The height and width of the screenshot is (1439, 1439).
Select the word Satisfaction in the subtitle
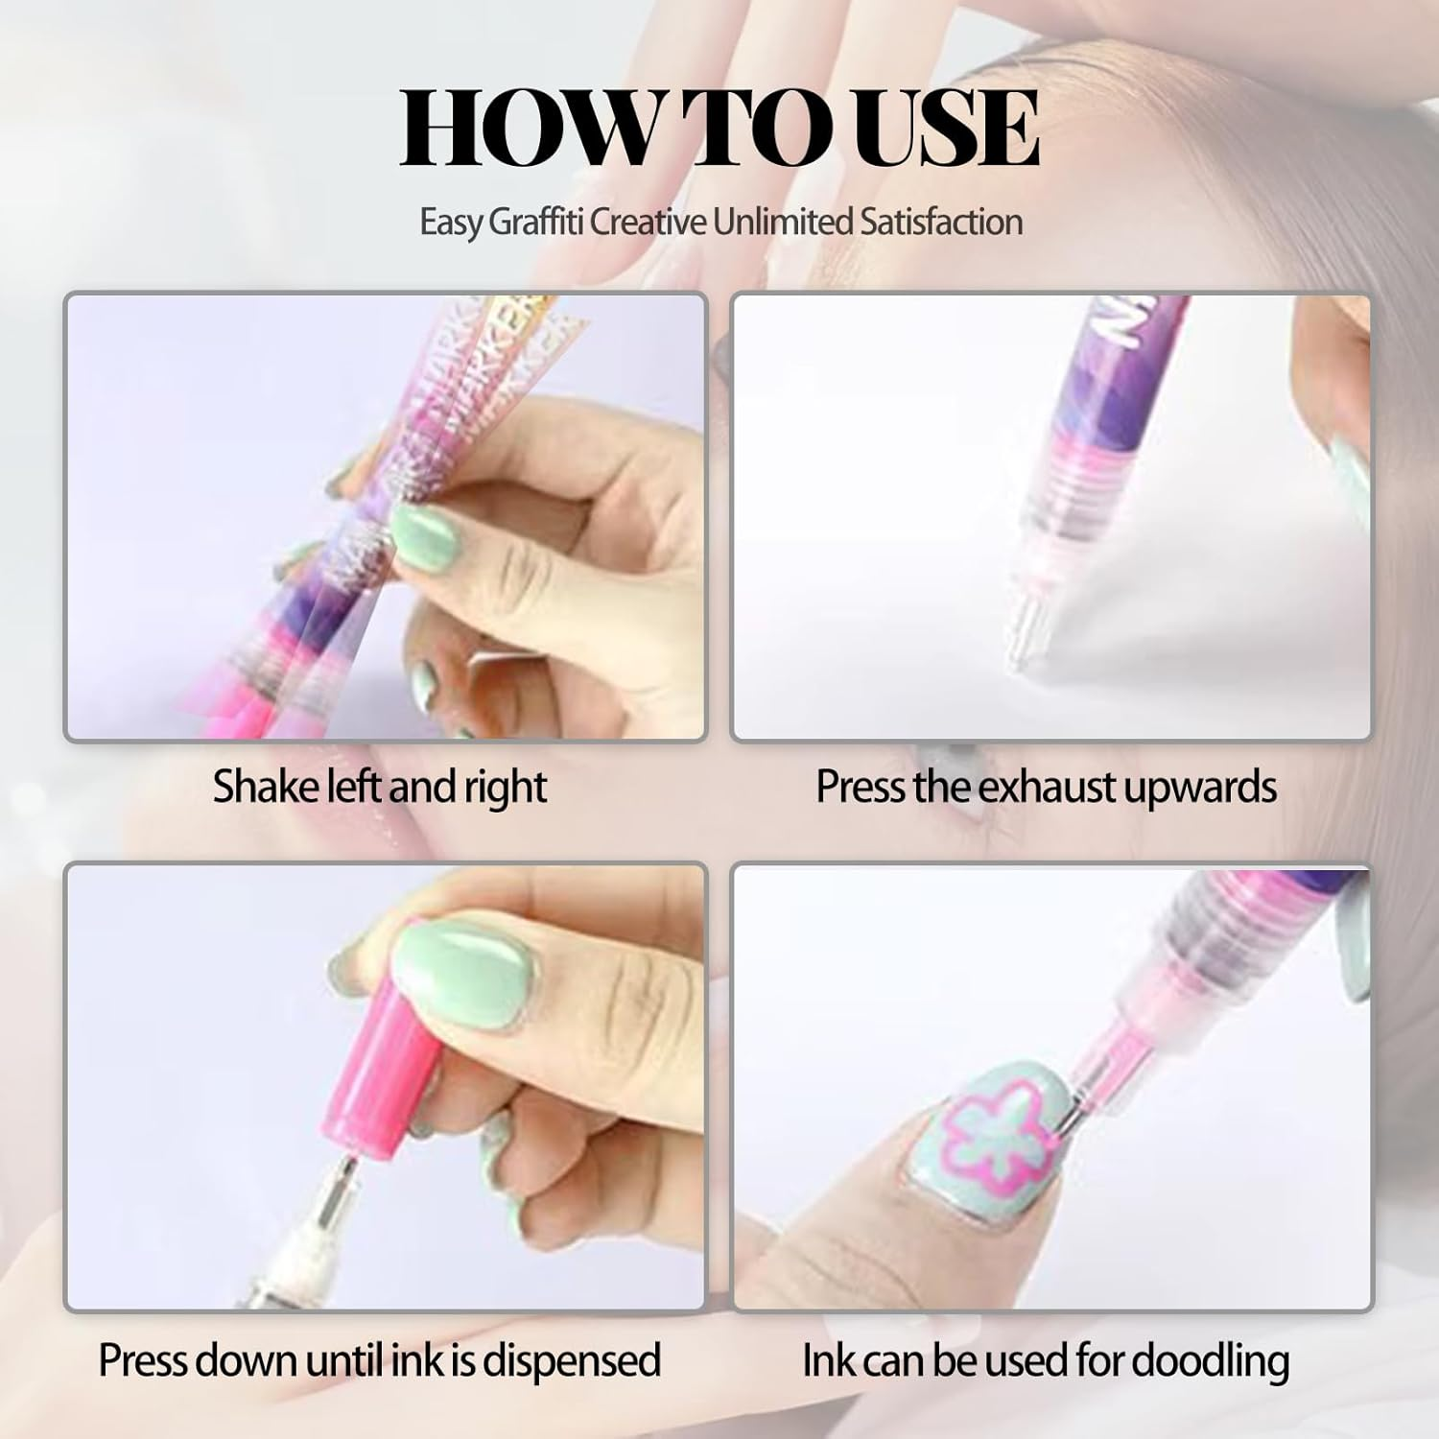pos(939,223)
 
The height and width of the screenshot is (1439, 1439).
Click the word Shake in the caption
pos(267,787)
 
